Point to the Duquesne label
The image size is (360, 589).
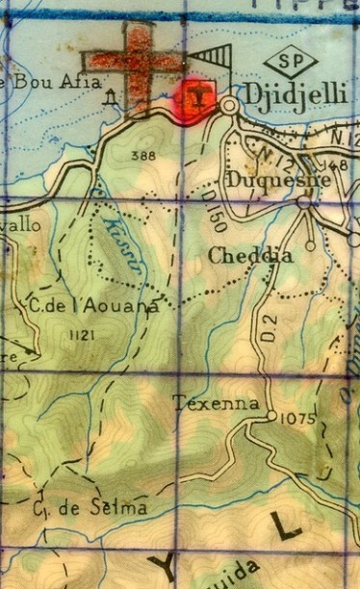point(279,179)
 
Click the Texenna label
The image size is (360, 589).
point(216,403)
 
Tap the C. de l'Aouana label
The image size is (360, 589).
point(92,305)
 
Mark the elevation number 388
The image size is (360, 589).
point(141,155)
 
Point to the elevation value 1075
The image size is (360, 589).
point(294,419)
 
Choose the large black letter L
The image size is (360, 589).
point(285,525)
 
